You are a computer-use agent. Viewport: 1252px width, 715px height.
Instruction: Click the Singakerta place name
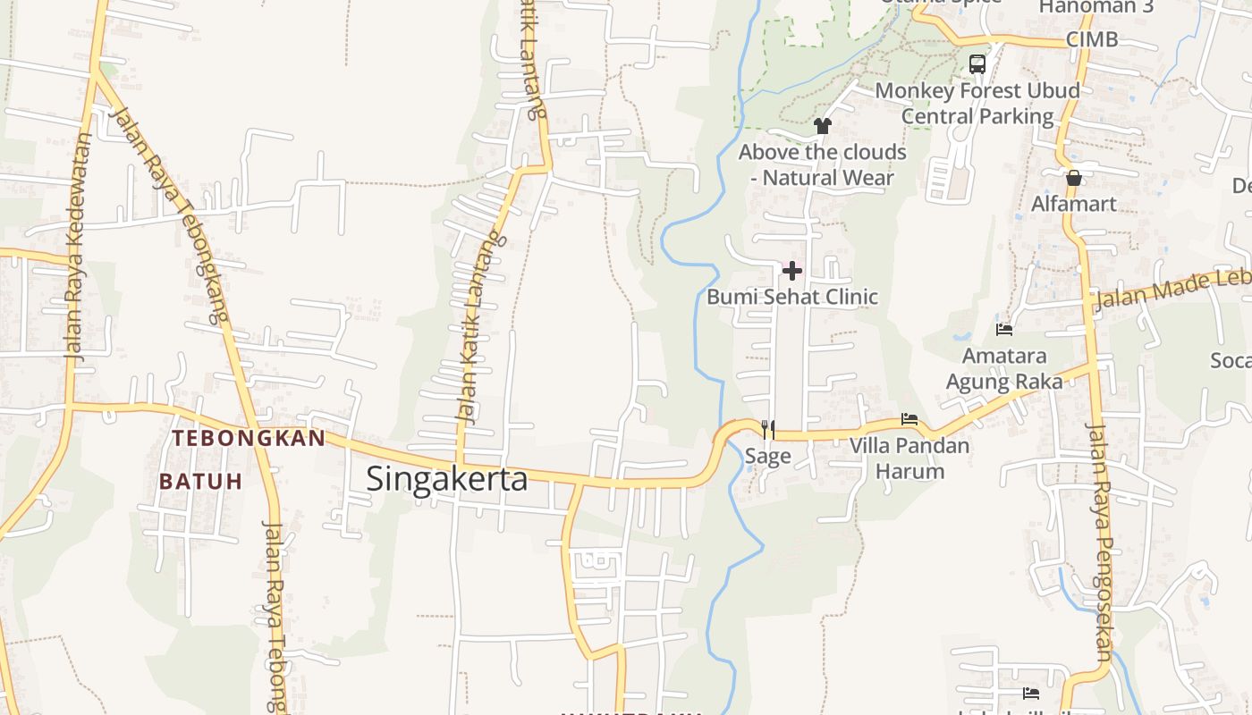[x=446, y=479]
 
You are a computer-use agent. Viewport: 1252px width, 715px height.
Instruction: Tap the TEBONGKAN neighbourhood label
[x=248, y=438]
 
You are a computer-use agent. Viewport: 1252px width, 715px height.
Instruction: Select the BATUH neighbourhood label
[x=201, y=481]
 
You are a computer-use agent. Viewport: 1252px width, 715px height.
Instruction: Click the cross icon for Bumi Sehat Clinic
[x=791, y=270]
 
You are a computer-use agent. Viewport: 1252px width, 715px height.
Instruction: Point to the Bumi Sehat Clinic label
[x=792, y=297]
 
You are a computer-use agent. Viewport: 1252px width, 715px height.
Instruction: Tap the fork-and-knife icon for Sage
[x=767, y=429]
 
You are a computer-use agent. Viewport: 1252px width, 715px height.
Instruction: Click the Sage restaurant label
[x=768, y=457]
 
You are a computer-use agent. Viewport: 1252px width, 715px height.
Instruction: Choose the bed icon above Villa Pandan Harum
[x=909, y=418]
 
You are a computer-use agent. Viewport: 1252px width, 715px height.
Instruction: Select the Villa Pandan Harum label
[x=909, y=458]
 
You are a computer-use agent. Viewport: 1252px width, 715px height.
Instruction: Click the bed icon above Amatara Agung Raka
[x=1004, y=329]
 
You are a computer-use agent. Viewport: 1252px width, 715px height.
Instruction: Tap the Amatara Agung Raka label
[x=1004, y=369]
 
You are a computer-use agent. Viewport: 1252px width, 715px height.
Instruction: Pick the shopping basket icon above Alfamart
[x=1074, y=177]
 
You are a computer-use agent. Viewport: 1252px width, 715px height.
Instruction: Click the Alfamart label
[x=1074, y=204]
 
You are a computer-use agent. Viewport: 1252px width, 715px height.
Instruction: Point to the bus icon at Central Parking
[x=977, y=64]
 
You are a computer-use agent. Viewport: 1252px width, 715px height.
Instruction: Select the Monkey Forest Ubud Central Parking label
[x=977, y=103]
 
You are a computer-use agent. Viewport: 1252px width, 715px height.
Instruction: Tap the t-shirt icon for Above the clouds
[x=823, y=126]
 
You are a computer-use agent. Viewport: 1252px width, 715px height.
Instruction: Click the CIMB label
[x=1092, y=39]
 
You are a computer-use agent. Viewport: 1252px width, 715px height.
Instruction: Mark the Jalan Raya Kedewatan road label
[x=79, y=246]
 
